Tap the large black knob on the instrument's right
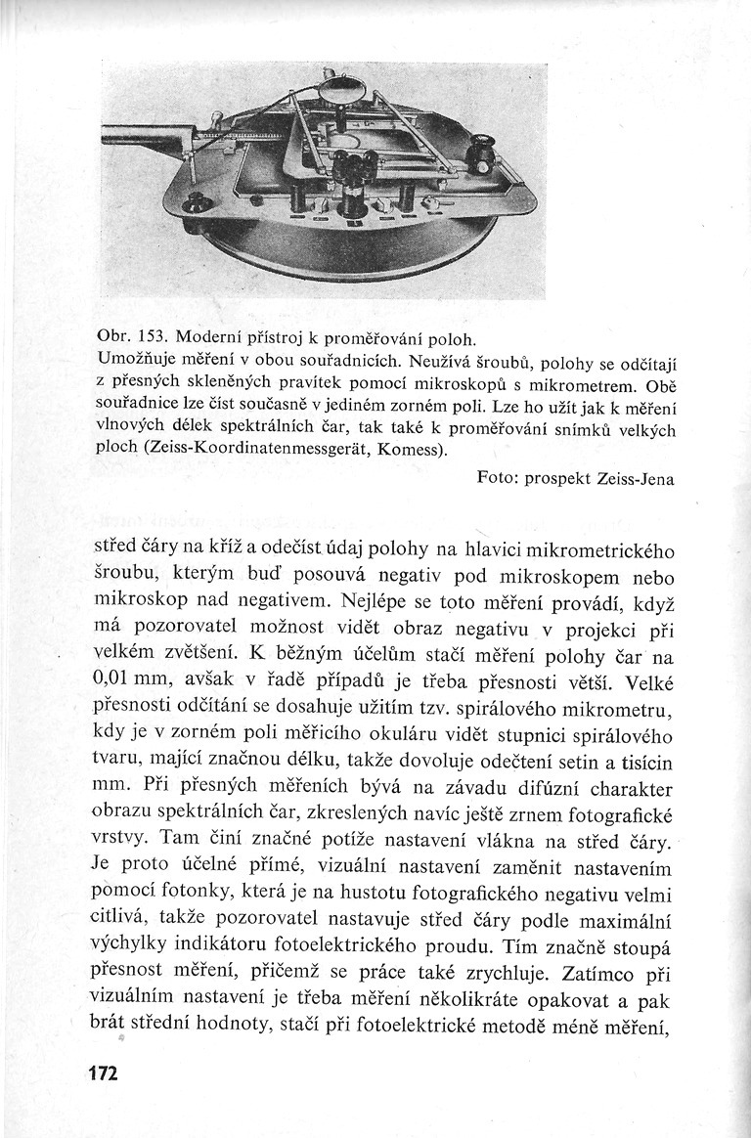[481, 156]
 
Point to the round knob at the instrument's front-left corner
[199, 204]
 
